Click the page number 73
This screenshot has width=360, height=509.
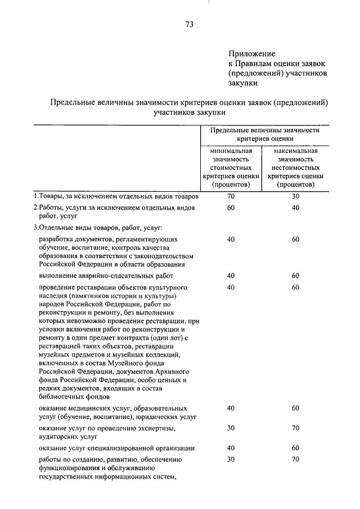(189, 25)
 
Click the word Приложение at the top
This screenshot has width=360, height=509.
(251, 54)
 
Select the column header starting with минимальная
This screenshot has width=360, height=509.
(231, 167)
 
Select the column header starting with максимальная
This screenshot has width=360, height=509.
(296, 167)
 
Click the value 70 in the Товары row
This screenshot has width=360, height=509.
(231, 196)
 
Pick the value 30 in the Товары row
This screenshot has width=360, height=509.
(296, 196)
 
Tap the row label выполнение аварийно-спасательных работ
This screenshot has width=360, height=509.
(106, 276)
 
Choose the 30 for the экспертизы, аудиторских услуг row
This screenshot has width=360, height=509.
(231, 428)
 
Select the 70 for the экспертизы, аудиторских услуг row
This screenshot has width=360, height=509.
(296, 428)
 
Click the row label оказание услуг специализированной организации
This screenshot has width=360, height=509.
(117, 448)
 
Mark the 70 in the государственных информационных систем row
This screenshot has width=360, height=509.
(296, 459)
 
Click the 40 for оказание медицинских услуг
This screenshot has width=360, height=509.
(231, 408)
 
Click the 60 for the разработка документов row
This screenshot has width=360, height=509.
(296, 239)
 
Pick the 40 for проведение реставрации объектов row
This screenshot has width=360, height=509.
(231, 287)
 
